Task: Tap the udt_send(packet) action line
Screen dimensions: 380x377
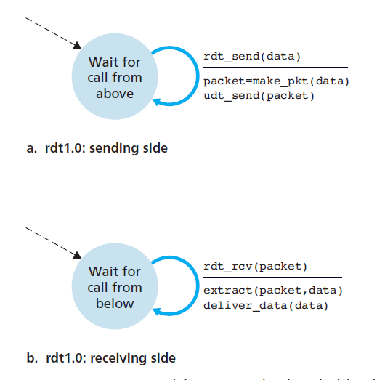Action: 259,95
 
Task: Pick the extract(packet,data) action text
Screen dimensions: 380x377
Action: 272,291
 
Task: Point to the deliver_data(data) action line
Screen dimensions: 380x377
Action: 266,304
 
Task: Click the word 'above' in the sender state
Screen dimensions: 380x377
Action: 115,94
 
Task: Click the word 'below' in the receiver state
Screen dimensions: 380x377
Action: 115,303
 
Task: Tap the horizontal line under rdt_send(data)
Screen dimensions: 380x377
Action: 275,68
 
